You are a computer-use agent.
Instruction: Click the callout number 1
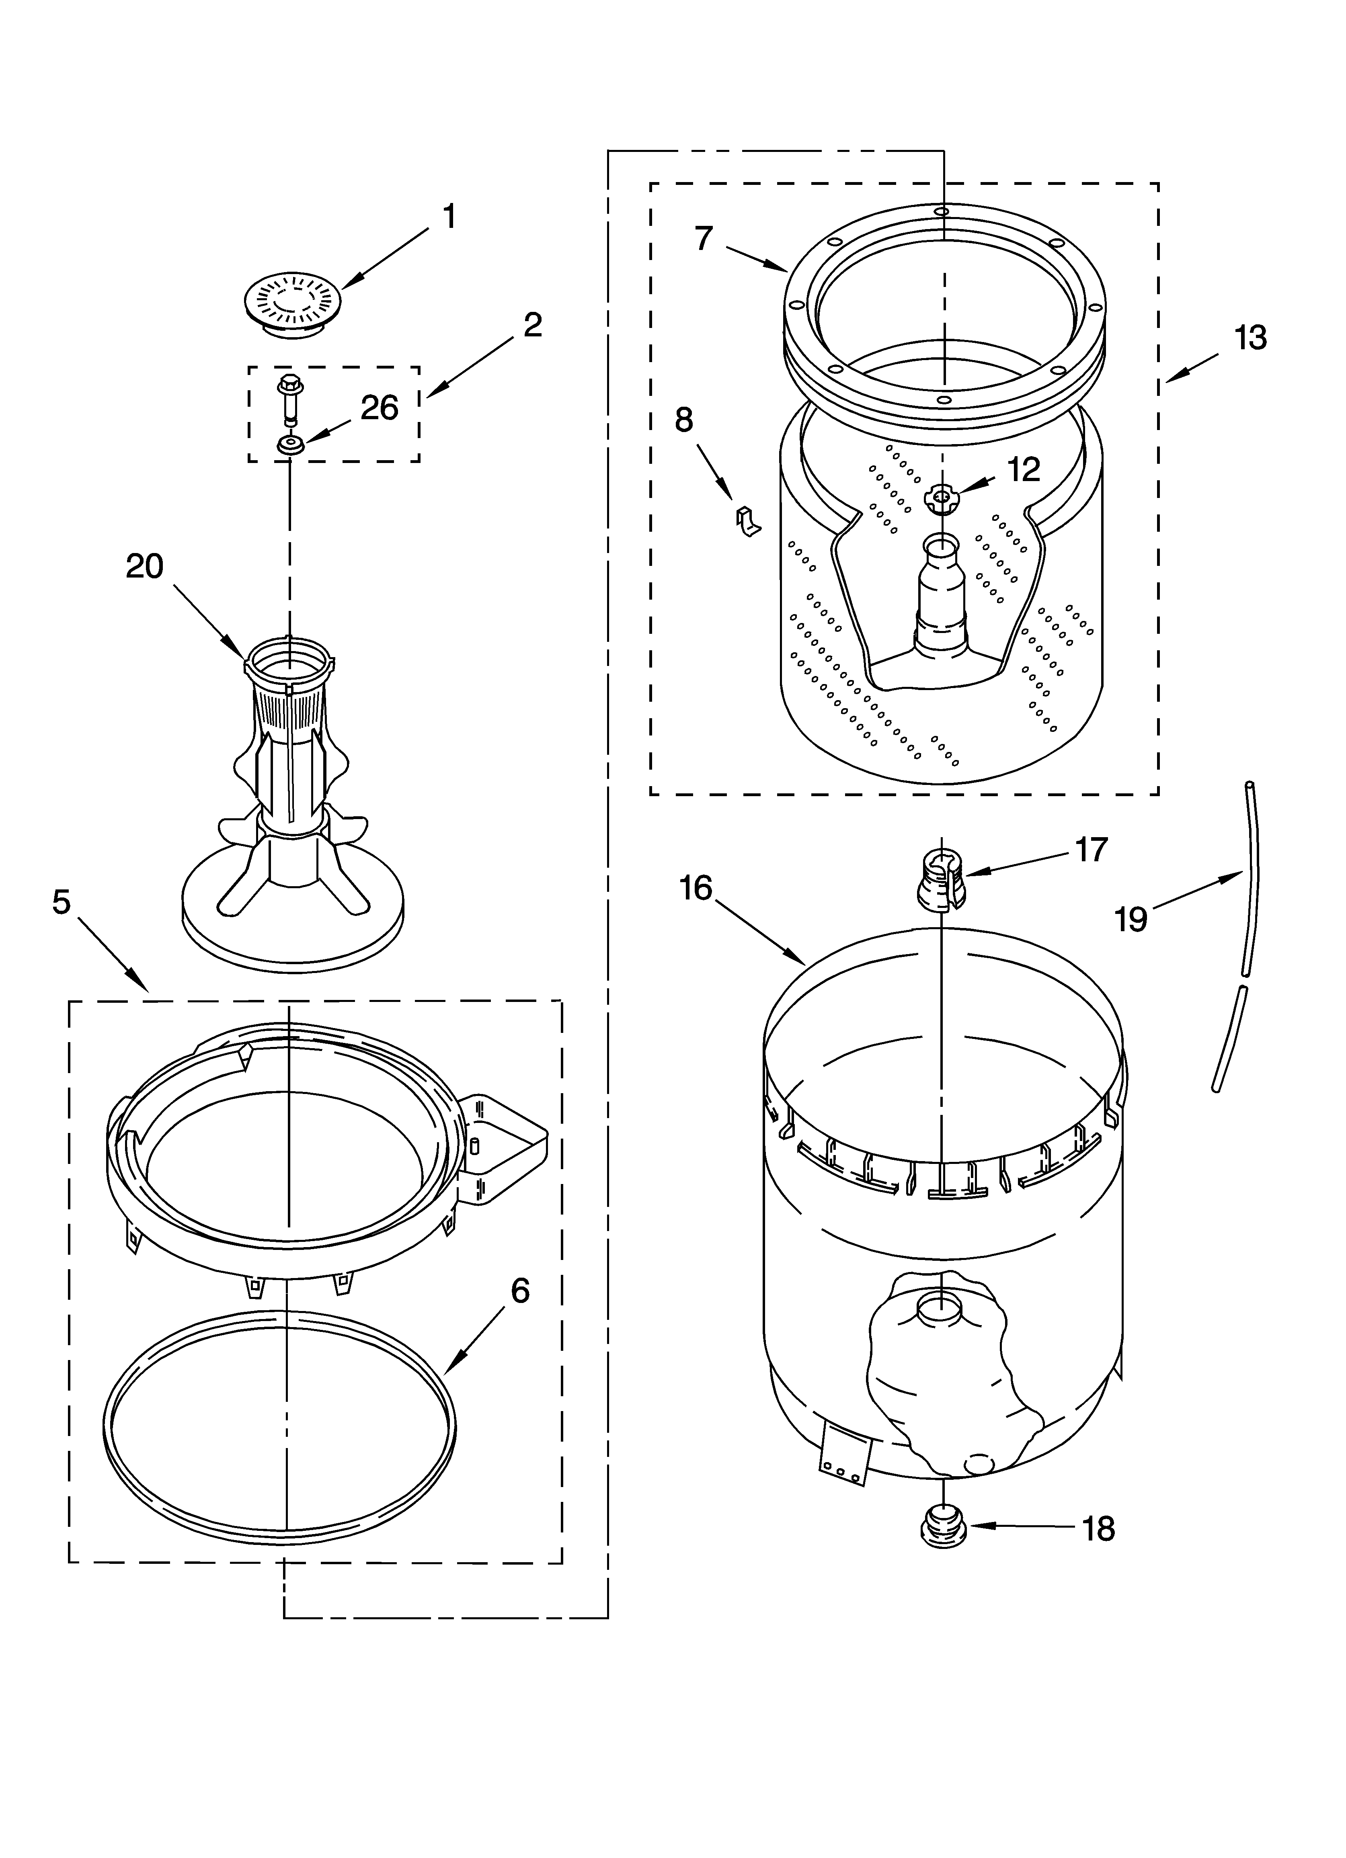pos(448,217)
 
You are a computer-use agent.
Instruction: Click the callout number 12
pos(1023,469)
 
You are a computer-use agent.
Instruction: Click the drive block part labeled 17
pos(941,881)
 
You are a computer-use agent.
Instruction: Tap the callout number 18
pos(1098,1529)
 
